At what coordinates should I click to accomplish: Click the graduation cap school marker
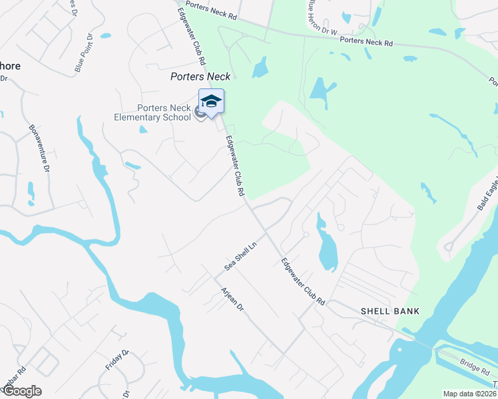[211, 102]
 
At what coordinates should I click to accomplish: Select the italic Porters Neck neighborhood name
[200, 76]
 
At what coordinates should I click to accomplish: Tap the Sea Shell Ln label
[240, 255]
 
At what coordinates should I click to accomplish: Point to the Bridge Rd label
[474, 364]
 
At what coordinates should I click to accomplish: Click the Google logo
[21, 391]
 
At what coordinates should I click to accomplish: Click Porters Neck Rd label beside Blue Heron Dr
[366, 41]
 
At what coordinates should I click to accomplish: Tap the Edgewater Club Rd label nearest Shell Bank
[302, 281]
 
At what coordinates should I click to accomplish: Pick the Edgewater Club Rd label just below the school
[236, 166]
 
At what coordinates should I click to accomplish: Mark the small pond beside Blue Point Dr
[106, 35]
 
